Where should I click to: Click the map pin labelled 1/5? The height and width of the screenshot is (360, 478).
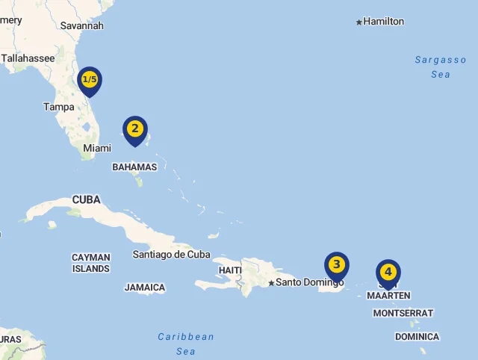(90, 79)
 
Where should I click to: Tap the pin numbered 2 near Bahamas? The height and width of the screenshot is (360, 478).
(134, 128)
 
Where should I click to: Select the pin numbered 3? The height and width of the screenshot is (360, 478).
(337, 264)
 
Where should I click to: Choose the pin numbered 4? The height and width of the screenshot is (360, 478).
(388, 272)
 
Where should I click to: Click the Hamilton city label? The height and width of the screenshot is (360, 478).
(383, 22)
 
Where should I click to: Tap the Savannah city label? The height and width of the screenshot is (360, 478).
(81, 25)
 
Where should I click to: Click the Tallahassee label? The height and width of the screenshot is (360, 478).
(28, 58)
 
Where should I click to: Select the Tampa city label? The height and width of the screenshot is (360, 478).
(59, 107)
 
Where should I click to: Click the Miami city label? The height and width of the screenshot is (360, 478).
(97, 149)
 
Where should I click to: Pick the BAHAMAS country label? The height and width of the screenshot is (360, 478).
(134, 167)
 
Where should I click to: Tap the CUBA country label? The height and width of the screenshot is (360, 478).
(86, 199)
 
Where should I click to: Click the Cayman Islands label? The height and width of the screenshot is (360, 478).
(91, 263)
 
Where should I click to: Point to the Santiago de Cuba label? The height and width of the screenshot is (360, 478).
(171, 254)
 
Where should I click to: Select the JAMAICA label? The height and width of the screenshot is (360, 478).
(145, 288)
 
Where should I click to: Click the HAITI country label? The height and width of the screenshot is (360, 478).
(230, 270)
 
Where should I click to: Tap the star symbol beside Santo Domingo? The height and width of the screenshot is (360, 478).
(271, 283)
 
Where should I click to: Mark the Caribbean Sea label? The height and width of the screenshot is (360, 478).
(186, 344)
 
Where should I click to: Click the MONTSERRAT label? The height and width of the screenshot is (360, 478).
(403, 313)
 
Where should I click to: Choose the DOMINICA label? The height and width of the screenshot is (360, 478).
(417, 337)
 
